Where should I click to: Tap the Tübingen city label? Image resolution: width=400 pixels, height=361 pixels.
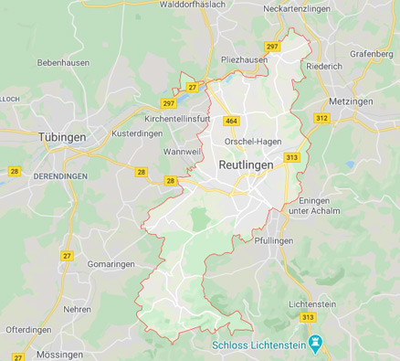point(61,136)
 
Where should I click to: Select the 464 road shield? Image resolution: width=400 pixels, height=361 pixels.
point(232,121)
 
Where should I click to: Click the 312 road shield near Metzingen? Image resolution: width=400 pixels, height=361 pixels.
point(321,118)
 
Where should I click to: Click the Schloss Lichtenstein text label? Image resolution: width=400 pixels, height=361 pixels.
point(260,345)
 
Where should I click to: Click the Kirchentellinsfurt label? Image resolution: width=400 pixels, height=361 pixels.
point(183,119)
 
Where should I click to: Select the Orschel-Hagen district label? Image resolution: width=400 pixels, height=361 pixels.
point(252,142)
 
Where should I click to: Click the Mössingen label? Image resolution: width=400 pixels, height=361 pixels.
point(60,353)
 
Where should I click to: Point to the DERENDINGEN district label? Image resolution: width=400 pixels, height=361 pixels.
point(59,174)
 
